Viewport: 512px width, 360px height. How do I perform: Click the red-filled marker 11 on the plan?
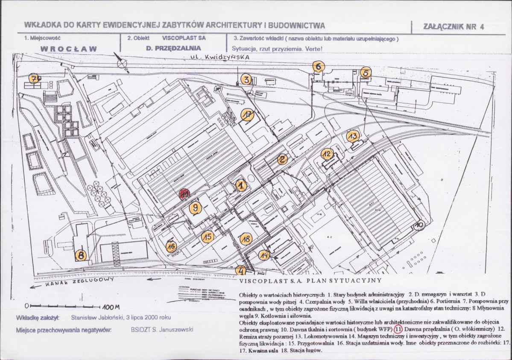coord(185,194)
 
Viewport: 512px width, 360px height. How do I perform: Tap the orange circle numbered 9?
coord(195,208)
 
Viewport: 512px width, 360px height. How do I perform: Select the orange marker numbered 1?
coord(241,185)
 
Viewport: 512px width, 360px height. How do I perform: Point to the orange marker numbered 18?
coord(246,239)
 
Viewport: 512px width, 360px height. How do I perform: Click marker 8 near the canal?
coord(81,255)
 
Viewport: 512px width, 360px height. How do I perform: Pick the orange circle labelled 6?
coord(319,66)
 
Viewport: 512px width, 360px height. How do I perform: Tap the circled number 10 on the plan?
coord(419,225)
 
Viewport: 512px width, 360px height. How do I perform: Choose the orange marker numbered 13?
coord(352,137)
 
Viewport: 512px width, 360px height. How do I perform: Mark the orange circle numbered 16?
coord(172,246)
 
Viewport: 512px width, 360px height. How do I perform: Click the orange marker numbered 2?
coord(282,160)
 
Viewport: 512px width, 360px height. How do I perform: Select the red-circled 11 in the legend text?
coord(398,329)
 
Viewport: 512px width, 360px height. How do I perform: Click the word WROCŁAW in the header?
coord(68,49)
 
